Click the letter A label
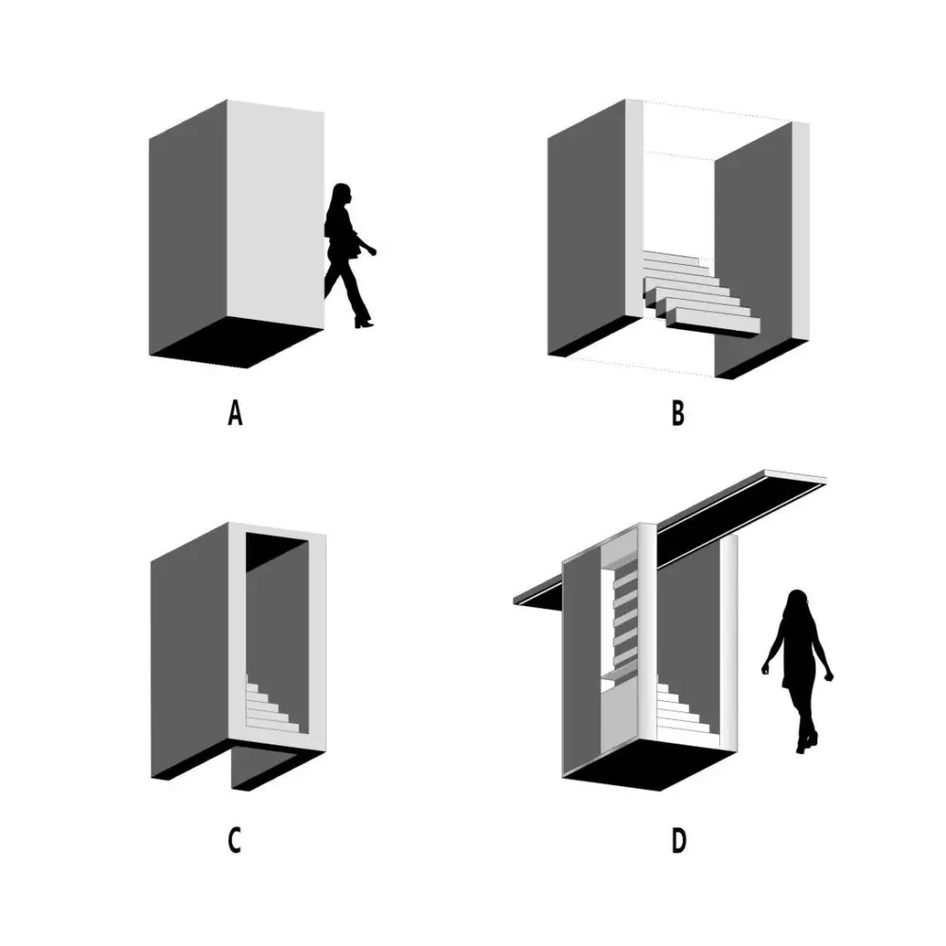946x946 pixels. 236,414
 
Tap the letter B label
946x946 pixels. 678,414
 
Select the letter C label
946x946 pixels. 235,841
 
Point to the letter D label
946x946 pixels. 678,841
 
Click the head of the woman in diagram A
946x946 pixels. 342,194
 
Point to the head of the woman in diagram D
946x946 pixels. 797,601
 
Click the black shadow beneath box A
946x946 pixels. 237,342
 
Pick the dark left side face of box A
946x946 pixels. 187,228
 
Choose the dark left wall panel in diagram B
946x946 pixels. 587,228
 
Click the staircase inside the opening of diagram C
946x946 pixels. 272,705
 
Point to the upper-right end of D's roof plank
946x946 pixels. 825,478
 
